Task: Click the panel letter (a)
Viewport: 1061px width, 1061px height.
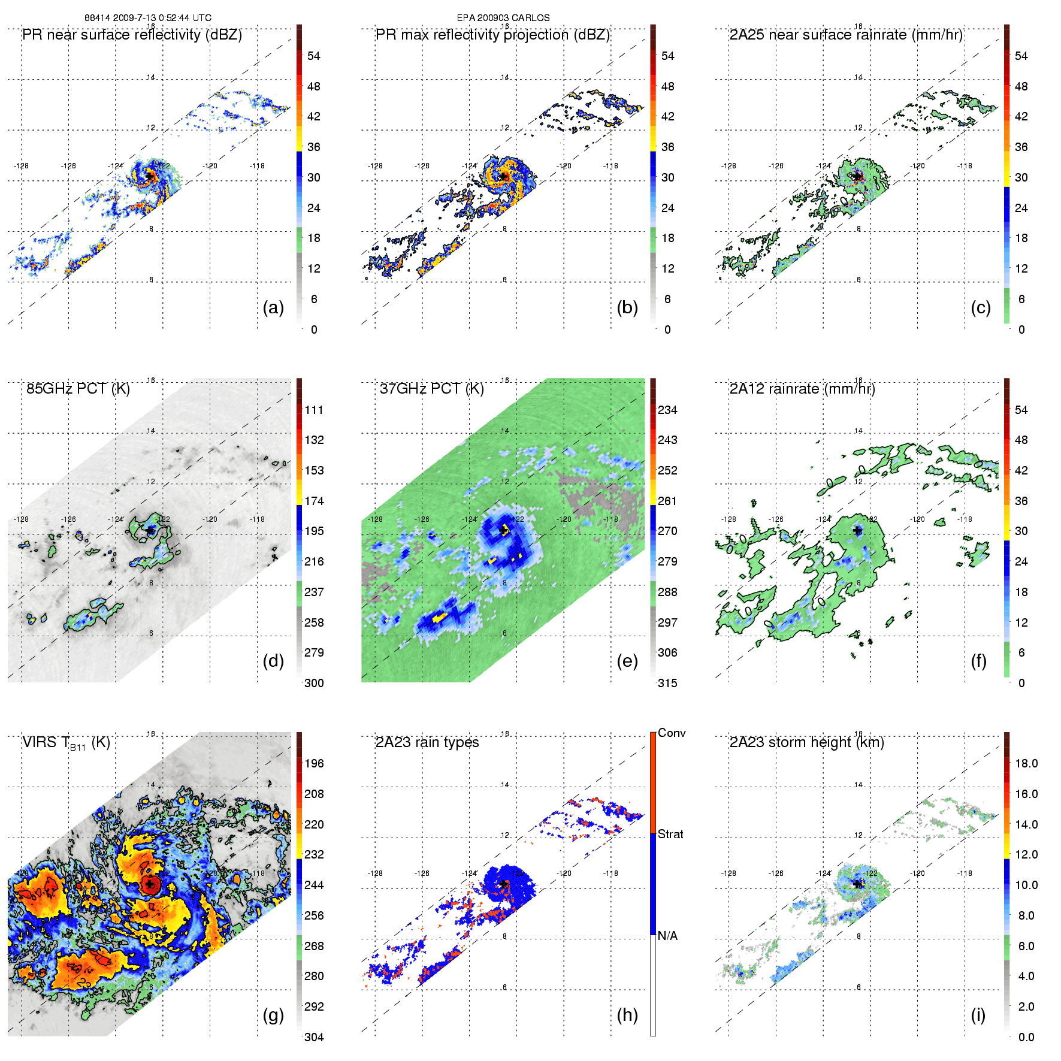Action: click(273, 308)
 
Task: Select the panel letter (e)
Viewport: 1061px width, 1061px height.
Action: click(627, 661)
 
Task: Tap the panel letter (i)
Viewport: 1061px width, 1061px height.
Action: click(978, 1015)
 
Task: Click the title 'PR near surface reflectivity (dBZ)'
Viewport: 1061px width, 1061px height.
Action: click(132, 35)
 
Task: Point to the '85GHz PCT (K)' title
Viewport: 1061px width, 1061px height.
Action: click(78, 389)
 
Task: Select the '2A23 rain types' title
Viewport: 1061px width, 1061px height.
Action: click(427, 742)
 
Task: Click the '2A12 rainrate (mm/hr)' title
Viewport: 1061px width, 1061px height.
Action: click(802, 389)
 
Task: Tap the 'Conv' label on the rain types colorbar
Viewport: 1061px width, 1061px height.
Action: click(672, 733)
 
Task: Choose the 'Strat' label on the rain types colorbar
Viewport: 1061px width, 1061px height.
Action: click(670, 834)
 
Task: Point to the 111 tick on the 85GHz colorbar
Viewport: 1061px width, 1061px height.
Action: click(314, 410)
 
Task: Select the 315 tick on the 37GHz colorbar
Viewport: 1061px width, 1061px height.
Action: click(667, 683)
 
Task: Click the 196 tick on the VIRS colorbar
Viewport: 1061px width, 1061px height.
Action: click(314, 763)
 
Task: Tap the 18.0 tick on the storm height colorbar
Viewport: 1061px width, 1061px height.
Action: click(1026, 763)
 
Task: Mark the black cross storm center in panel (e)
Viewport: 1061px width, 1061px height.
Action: click(503, 530)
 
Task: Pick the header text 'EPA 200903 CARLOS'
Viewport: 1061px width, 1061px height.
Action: click(503, 18)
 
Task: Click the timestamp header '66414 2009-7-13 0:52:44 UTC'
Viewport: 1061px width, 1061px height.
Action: click(148, 18)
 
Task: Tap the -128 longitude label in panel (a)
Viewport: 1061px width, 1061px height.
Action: click(21, 166)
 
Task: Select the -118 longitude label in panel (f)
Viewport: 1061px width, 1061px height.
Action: click(965, 519)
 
